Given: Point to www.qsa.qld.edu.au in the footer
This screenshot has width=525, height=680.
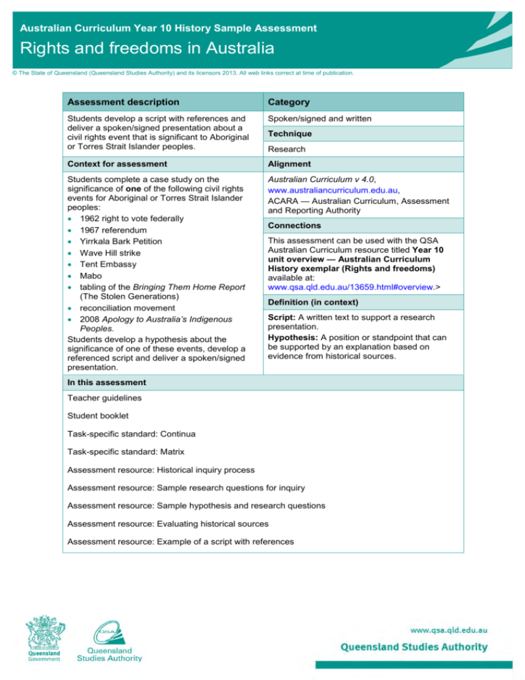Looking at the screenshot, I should pyautogui.click(x=447, y=628).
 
